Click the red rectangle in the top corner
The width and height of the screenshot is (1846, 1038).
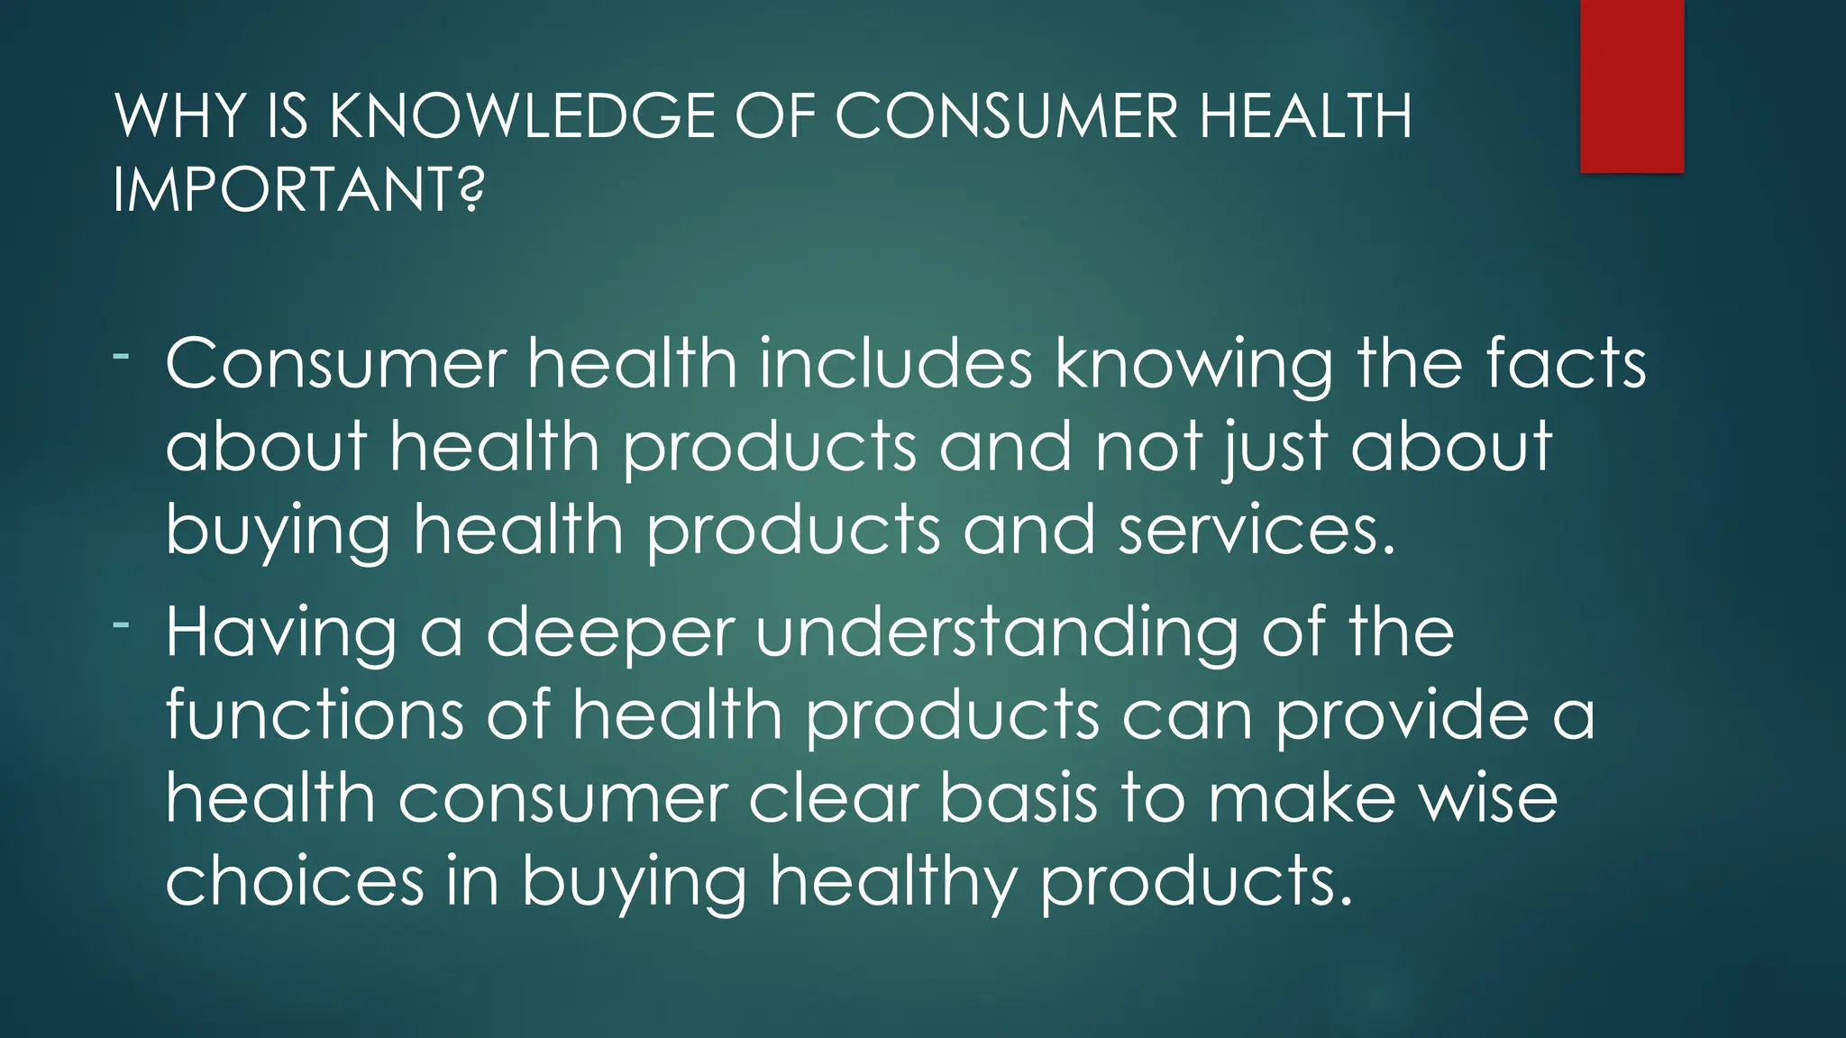(1631, 86)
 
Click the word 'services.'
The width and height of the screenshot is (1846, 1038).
(1257, 530)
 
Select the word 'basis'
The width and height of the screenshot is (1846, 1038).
(1019, 797)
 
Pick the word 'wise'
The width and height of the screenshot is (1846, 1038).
(1488, 797)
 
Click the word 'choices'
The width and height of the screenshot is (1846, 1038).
(295, 880)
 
